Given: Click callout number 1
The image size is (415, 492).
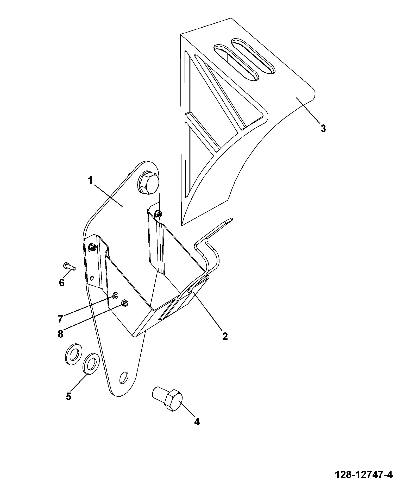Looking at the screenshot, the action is click(90, 180).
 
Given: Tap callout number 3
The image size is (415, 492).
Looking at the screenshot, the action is click(323, 128).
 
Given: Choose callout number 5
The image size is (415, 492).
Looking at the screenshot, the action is click(68, 396).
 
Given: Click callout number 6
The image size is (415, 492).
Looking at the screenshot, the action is click(62, 282).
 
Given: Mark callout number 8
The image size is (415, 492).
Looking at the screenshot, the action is click(60, 334).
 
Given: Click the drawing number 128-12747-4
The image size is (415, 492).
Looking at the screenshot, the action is click(363, 475).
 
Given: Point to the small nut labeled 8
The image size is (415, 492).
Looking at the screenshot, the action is click(124, 303).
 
